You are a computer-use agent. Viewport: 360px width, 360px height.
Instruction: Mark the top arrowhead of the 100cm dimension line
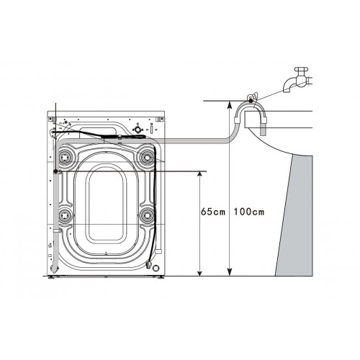point(228,105)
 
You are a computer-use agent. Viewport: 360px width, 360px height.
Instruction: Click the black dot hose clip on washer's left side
point(55,171)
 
